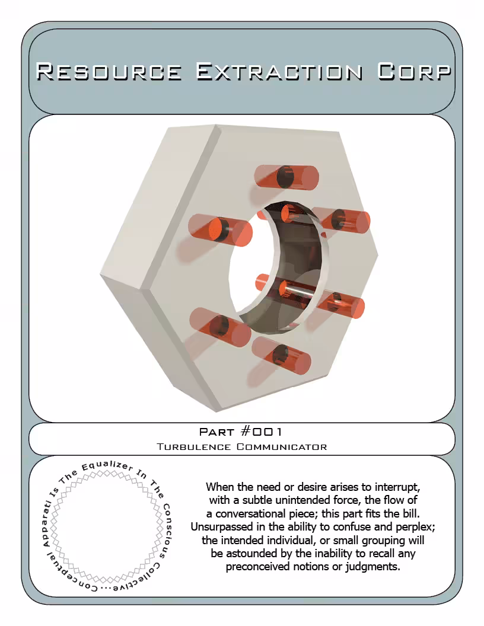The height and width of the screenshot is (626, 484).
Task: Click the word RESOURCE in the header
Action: tap(109, 72)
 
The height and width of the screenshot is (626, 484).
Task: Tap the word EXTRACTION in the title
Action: tap(279, 72)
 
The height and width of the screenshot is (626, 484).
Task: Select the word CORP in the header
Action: tap(414, 72)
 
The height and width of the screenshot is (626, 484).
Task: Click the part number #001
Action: tap(262, 432)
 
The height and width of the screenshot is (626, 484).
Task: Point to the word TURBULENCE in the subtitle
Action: tap(194, 447)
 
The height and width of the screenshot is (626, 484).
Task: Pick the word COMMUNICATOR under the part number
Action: tap(282, 447)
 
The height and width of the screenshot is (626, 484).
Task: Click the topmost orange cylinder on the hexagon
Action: tap(286, 177)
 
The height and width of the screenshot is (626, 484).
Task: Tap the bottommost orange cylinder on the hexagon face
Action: tap(281, 355)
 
